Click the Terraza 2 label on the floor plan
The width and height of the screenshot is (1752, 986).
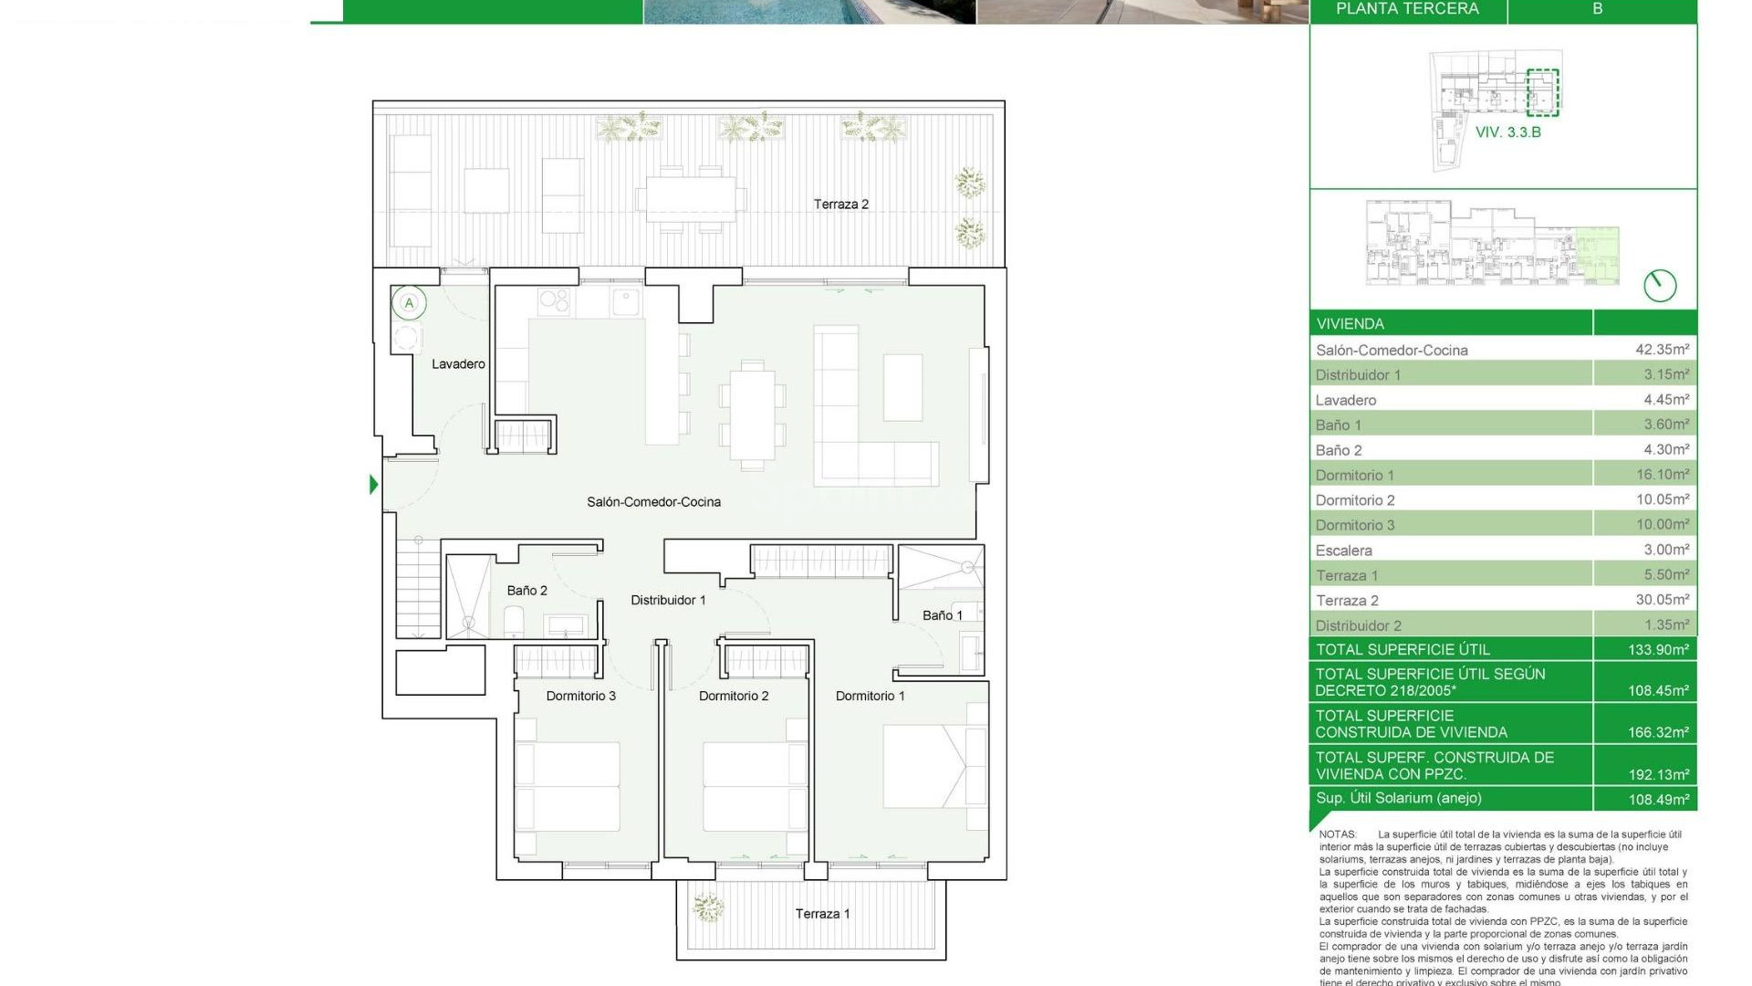[x=840, y=205]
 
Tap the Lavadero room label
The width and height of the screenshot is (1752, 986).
[x=458, y=364]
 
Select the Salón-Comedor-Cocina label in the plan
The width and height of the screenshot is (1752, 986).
[x=653, y=502]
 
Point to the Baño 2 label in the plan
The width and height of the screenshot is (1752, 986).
[x=527, y=591]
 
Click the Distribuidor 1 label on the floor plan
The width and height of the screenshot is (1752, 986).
[x=668, y=601]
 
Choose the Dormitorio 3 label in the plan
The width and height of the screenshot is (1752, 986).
[x=580, y=697]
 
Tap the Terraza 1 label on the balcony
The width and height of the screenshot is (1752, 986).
[x=822, y=914]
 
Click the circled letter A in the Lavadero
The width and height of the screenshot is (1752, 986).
[x=409, y=303]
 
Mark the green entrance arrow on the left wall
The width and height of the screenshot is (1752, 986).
[x=373, y=485]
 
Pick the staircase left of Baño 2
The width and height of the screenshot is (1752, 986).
[x=419, y=592]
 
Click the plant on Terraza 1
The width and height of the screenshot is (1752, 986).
[x=707, y=907]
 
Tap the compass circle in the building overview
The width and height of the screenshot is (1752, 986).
[x=1660, y=286]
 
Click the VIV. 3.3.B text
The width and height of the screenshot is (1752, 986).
[x=1508, y=132]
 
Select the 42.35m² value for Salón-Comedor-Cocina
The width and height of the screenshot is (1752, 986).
[x=1662, y=350]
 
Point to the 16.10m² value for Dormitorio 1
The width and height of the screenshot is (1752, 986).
[x=1662, y=475]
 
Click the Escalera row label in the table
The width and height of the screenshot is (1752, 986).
[x=1343, y=551]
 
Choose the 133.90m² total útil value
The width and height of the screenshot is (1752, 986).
[x=1658, y=650]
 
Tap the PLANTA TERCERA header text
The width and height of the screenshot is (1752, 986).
[x=1407, y=9]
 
